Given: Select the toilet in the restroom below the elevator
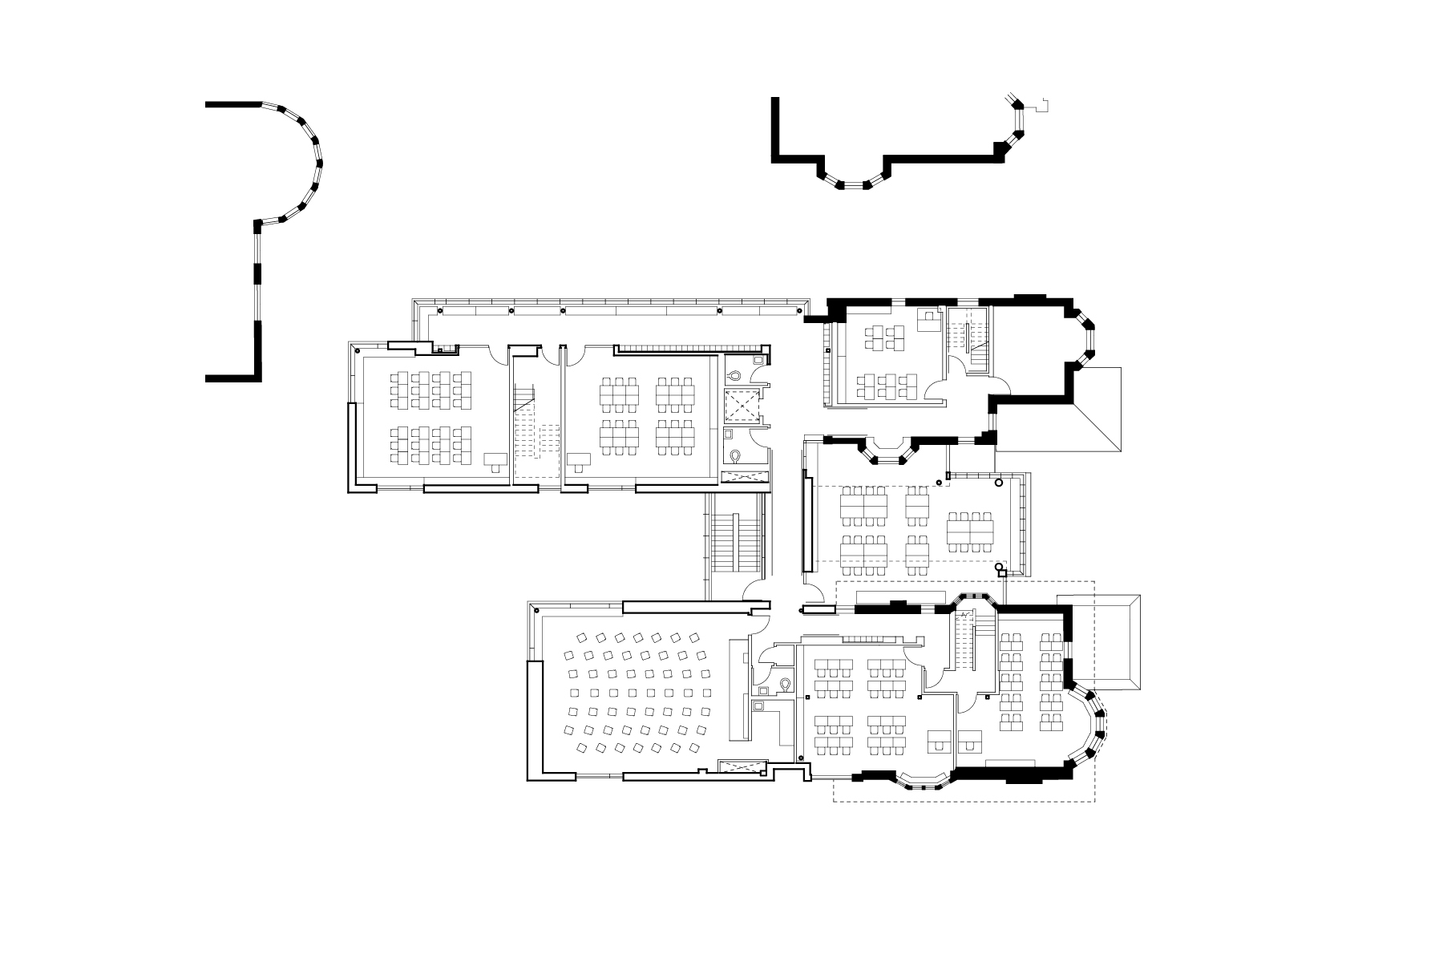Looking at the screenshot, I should [x=737, y=455].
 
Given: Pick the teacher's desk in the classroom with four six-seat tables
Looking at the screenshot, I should [x=580, y=459].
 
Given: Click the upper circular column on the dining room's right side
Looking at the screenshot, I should [x=999, y=483].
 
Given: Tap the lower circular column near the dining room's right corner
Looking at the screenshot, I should [x=999, y=568].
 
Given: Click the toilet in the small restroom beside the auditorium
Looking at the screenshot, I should [x=786, y=683].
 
